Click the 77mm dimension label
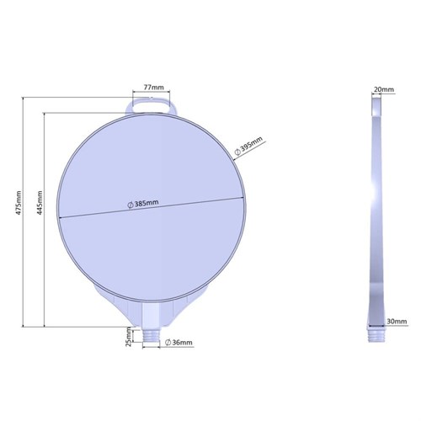(x=153, y=87)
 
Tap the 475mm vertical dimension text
(x=19, y=203)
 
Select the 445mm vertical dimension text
(x=40, y=203)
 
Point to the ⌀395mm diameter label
(x=248, y=146)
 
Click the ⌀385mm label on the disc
(x=143, y=204)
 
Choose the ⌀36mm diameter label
(x=179, y=343)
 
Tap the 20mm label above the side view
(x=384, y=89)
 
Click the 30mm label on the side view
(x=397, y=322)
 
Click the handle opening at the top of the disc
(x=151, y=106)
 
